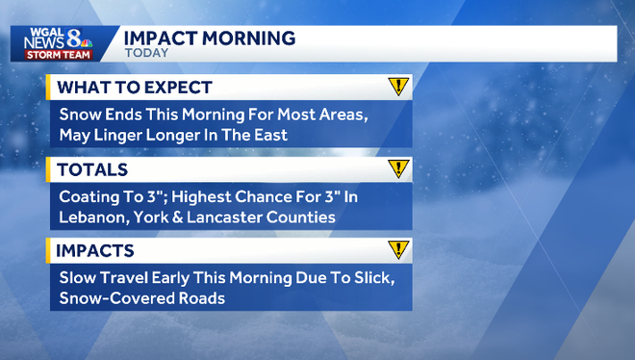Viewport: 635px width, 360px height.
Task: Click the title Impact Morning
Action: [x=209, y=38]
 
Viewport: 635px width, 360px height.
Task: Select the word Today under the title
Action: [x=147, y=53]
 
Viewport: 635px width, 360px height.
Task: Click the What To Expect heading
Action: [x=135, y=88]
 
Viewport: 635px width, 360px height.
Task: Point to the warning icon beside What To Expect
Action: [x=398, y=87]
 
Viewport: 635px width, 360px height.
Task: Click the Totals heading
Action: [x=93, y=169]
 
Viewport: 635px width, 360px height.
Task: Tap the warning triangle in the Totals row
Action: [x=398, y=168]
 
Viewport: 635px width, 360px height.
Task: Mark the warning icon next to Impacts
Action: [x=398, y=250]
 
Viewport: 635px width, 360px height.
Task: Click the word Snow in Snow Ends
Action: [x=81, y=115]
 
